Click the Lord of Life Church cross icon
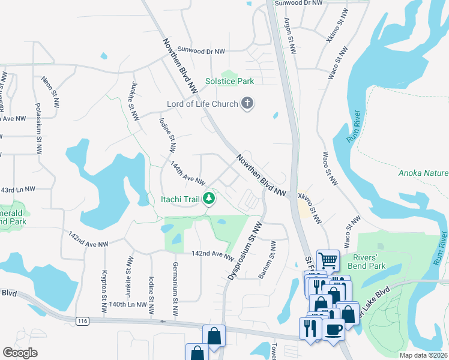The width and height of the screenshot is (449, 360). coord(247,104)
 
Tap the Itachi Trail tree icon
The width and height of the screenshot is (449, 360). coord(209,198)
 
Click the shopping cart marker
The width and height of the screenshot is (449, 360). coord(328,261)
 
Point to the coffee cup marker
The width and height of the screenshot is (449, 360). coord(334,329)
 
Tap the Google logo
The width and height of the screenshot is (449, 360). coord(20,352)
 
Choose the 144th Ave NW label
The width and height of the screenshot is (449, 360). coord(188,173)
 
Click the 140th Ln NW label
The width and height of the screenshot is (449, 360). coord(128,305)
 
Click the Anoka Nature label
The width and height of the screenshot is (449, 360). coord(423,174)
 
